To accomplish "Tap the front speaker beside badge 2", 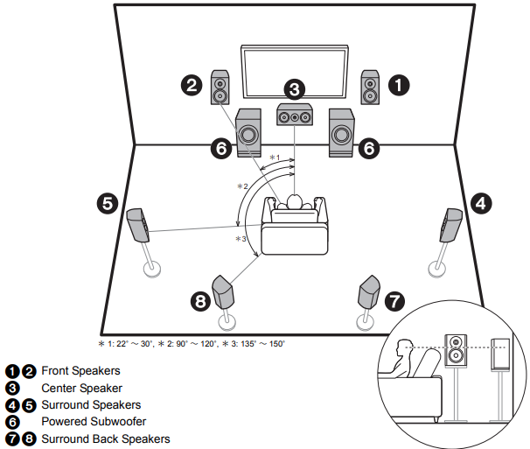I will [x=220, y=86].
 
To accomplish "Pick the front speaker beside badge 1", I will [x=370, y=86].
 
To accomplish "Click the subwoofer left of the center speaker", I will [x=248, y=134].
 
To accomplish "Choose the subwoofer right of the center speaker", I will [x=341, y=134].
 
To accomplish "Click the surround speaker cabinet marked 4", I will [x=452, y=226].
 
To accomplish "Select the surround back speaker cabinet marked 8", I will [x=223, y=291].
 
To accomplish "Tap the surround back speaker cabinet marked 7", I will [x=370, y=291].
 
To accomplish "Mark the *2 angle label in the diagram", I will [x=243, y=187].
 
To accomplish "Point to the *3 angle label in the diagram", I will [x=241, y=239].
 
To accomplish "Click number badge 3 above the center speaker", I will [x=295, y=88].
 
